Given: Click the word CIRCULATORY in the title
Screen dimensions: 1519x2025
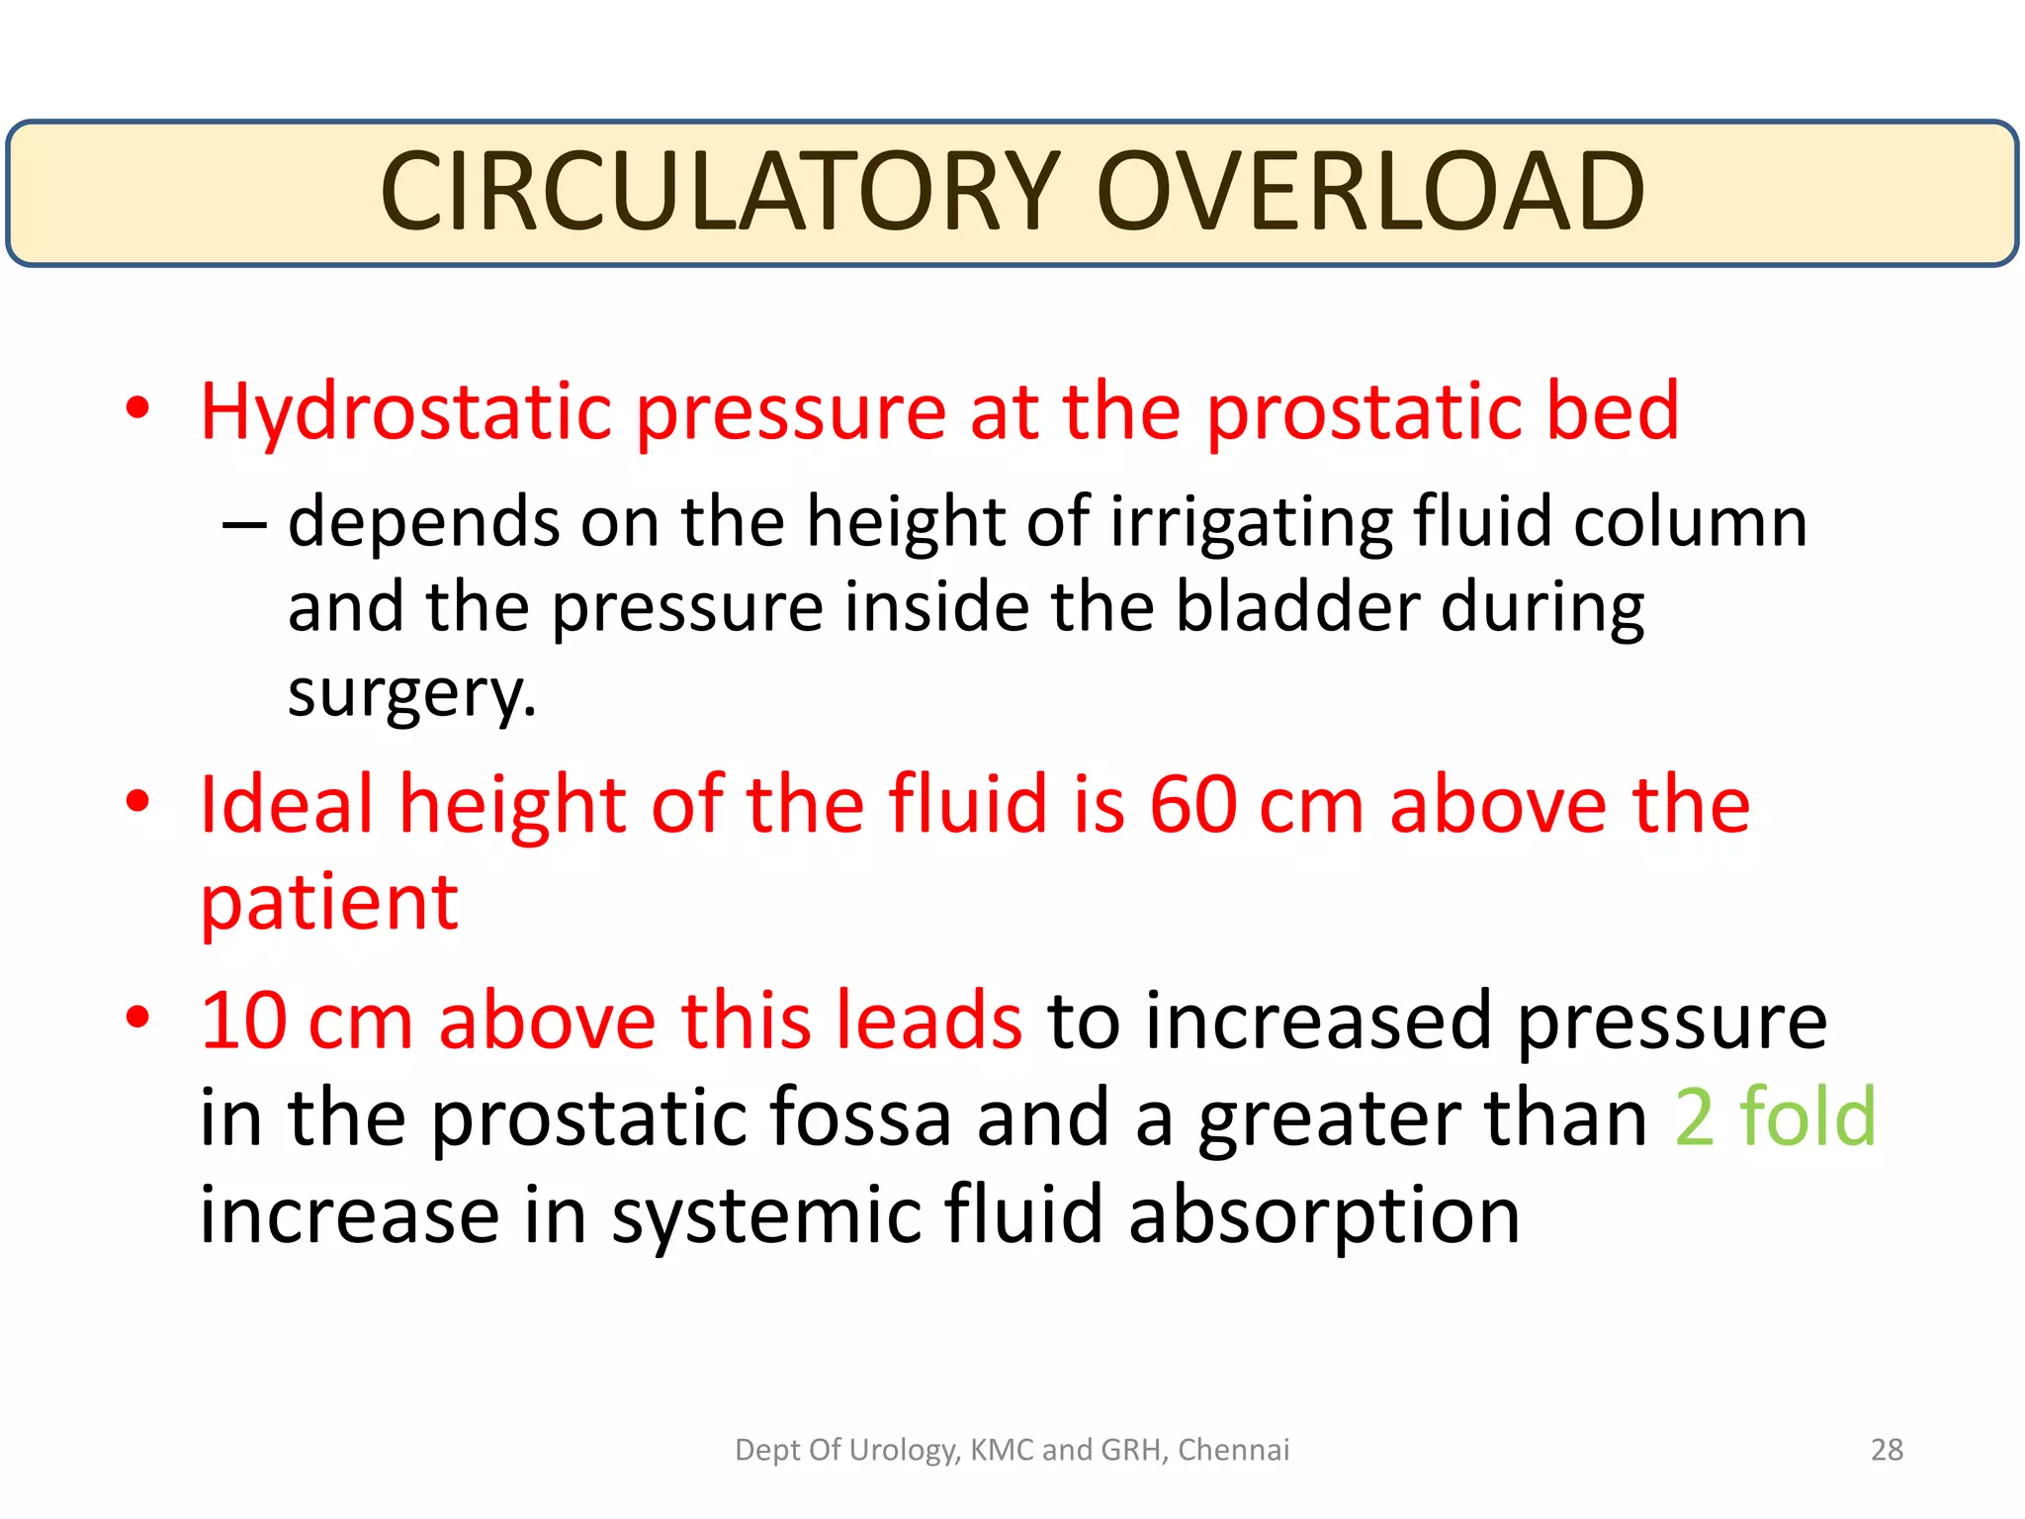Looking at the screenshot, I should tap(720, 191).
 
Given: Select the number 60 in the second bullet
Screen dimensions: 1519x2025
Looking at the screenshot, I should tap(1192, 804).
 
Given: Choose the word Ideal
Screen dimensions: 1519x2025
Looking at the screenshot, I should tap(287, 804).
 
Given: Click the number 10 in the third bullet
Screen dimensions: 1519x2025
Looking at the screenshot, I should tap(243, 1021).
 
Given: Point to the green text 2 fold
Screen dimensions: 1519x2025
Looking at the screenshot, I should tap(1776, 1117).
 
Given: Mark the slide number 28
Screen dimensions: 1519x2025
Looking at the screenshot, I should tap(1887, 1450).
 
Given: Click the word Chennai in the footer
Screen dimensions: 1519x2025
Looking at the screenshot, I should tap(1233, 1450).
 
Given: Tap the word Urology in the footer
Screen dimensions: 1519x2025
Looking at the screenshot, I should tap(904, 1450).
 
